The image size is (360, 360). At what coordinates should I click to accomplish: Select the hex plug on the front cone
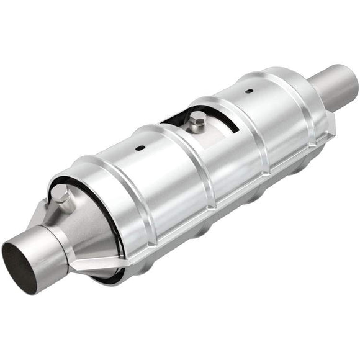point(60,198)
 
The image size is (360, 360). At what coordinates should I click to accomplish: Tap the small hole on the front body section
point(140,148)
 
